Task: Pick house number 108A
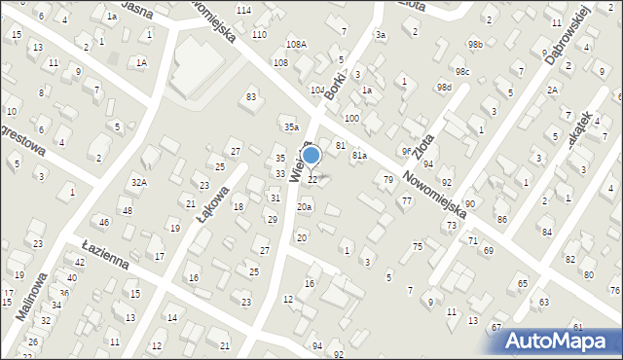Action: [x=296, y=45]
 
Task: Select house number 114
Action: [x=243, y=10]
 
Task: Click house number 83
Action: [x=251, y=96]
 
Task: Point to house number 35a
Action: [x=290, y=126]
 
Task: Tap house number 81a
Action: [x=358, y=155]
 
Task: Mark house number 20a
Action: [x=305, y=206]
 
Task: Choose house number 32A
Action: [x=139, y=182]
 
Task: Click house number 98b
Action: [x=474, y=45]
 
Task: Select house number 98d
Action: [x=444, y=88]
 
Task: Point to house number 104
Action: [x=317, y=90]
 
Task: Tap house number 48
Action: [x=127, y=211]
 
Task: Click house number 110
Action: [x=259, y=34]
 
